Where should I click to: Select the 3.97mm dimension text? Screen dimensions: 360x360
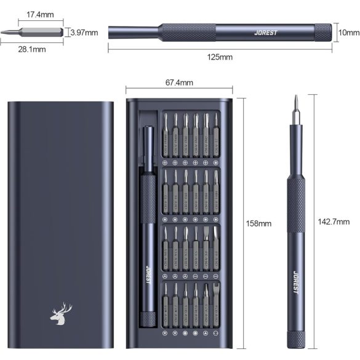click(x=85, y=32)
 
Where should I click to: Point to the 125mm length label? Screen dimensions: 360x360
click(x=220, y=57)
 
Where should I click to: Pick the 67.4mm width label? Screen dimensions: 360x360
click(x=179, y=82)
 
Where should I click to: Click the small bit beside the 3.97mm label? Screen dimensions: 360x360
click(x=39, y=32)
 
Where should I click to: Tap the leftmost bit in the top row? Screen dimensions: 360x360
click(x=166, y=133)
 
